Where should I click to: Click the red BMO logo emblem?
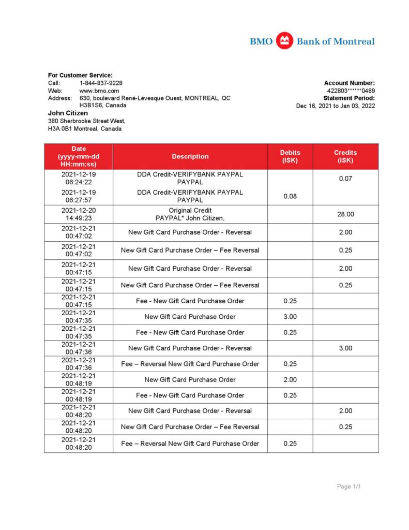284,41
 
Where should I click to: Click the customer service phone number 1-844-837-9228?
101,83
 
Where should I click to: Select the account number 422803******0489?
347,91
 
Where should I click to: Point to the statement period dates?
336,106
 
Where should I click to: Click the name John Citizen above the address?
68,113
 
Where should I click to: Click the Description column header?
190,156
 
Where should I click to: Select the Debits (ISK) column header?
290,156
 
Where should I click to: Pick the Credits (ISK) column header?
345,156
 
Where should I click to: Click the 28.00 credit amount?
345,214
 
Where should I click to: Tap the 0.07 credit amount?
345,179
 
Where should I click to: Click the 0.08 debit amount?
290,196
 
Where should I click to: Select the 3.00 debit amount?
290,317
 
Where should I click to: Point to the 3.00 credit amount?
345,348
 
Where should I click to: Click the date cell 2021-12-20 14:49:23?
79,214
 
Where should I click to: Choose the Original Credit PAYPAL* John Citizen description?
190,214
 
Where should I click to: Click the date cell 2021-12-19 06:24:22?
79,179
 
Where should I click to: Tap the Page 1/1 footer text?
349,487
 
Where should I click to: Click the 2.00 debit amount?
290,380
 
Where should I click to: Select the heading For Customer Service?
80,75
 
